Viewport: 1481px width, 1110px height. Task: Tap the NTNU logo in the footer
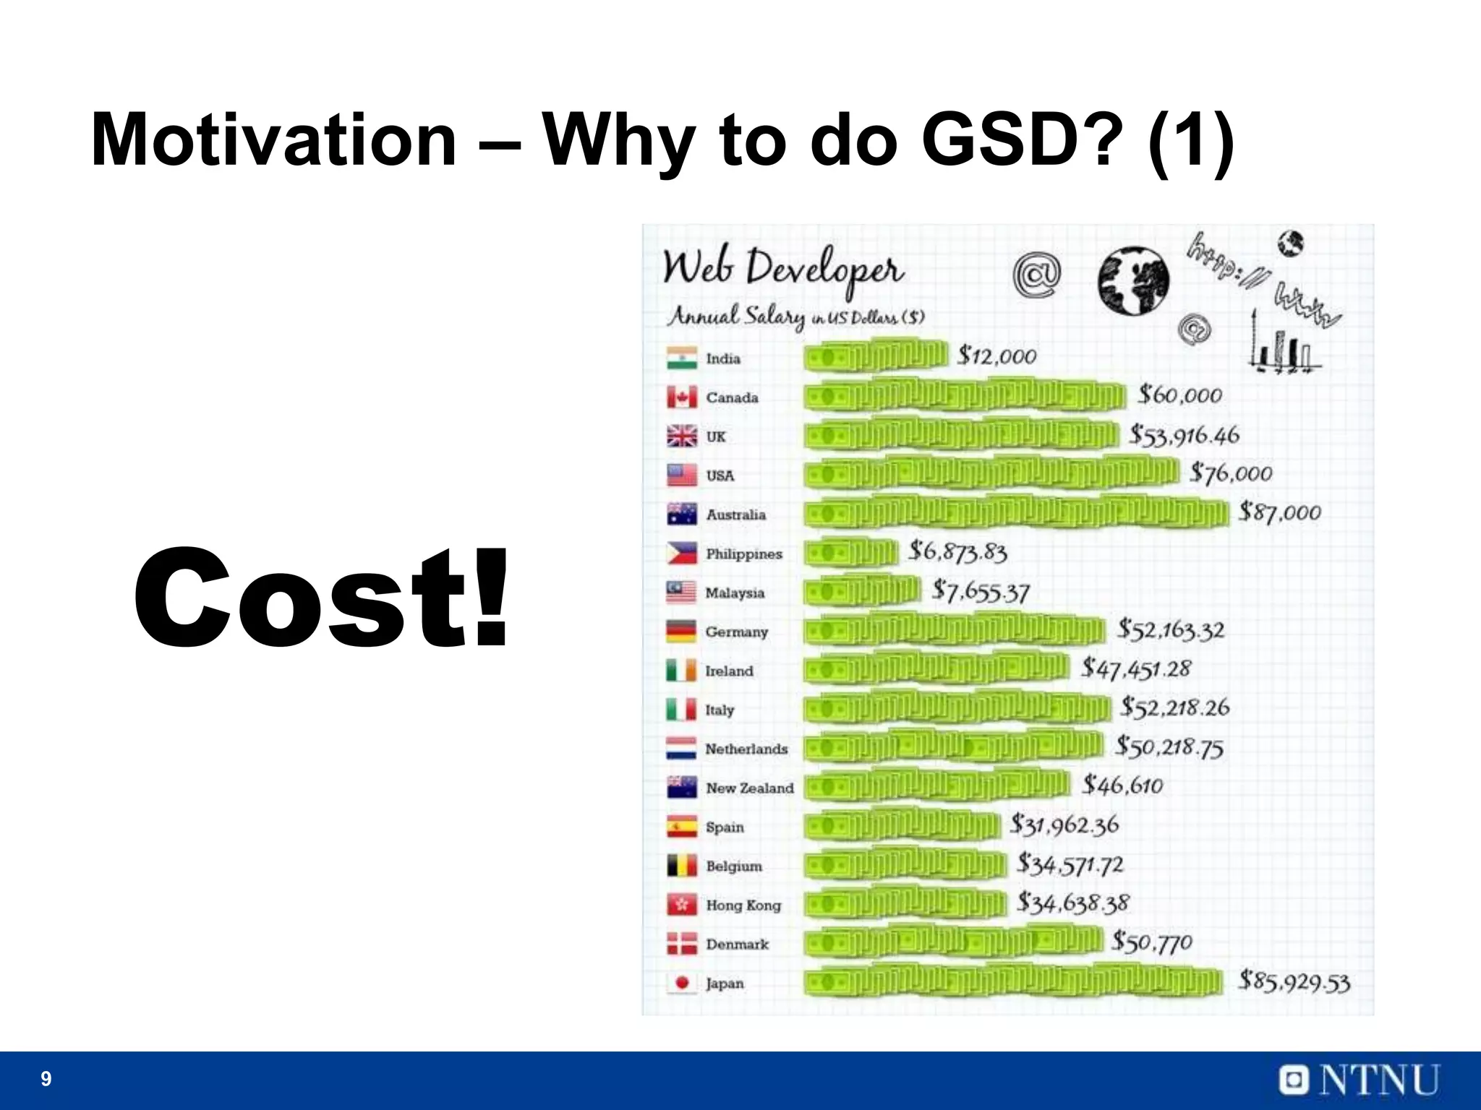(x=1359, y=1080)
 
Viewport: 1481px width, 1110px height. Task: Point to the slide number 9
(x=46, y=1079)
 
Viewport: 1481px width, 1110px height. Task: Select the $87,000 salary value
(x=1279, y=512)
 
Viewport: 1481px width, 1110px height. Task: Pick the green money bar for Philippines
(x=850, y=554)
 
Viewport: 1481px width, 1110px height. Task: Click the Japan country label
(x=725, y=984)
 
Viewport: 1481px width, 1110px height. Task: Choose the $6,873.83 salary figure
(x=957, y=552)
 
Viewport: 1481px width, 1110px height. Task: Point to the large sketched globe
(x=1132, y=282)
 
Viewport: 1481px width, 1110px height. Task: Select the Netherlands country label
(x=746, y=749)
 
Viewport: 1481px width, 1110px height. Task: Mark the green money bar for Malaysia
(x=862, y=593)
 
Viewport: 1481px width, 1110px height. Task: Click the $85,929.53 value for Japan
(x=1294, y=981)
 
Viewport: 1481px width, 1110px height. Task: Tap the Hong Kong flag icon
(x=681, y=905)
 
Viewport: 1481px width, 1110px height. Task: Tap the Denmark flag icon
(x=681, y=944)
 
